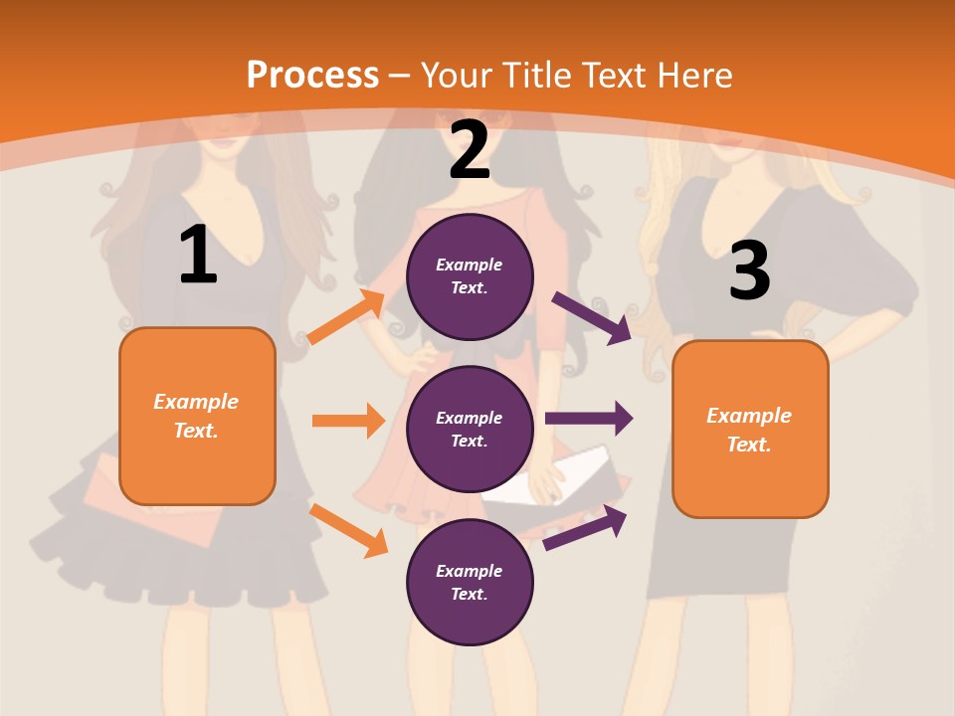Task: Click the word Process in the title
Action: [x=312, y=76]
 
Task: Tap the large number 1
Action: [x=198, y=256]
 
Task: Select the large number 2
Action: [x=470, y=150]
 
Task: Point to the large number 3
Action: [x=749, y=271]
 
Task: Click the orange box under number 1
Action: [x=197, y=416]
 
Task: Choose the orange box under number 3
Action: [x=750, y=429]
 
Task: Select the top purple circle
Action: [x=470, y=276]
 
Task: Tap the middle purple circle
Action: [x=470, y=429]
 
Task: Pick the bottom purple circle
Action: [x=470, y=582]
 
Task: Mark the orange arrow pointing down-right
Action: [x=349, y=530]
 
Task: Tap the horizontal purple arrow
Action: [x=589, y=418]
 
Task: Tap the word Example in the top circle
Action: [x=470, y=266]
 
